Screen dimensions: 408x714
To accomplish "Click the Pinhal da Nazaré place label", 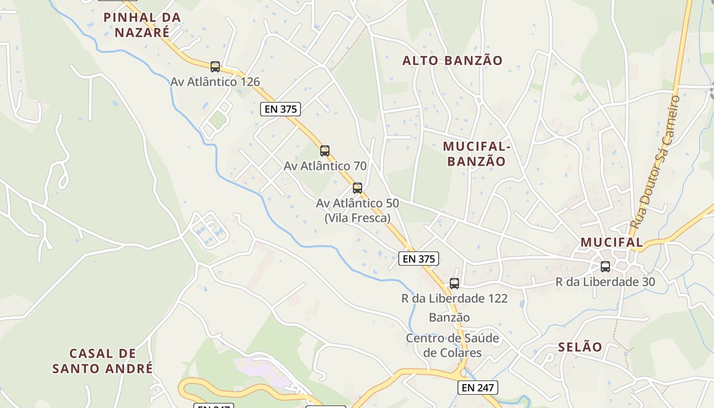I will click(x=142, y=24).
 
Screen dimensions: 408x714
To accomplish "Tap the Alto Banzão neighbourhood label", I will click(x=452, y=61).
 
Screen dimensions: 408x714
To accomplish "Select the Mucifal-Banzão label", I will click(x=476, y=154).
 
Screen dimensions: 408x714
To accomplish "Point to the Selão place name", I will click(x=580, y=347).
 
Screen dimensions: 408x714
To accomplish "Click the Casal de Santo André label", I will click(x=103, y=361).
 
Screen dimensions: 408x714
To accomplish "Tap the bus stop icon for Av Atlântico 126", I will click(x=215, y=66).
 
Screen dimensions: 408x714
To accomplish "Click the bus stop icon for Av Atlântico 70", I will click(x=325, y=151).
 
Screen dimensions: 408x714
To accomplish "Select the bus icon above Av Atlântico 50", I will click(x=358, y=188).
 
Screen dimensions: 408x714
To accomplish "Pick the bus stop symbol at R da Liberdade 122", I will click(x=454, y=284).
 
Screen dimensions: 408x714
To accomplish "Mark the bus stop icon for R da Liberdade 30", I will click(x=605, y=266).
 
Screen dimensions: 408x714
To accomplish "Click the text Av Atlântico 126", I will click(x=215, y=82).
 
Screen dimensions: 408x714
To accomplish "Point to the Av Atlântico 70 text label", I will click(x=325, y=166).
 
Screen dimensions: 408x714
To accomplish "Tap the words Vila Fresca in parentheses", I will click(x=358, y=218).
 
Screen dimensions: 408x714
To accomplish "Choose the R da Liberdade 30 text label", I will click(x=605, y=282).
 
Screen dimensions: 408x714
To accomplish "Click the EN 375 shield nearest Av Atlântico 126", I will click(x=280, y=109).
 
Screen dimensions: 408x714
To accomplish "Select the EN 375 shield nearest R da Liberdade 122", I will click(x=419, y=259).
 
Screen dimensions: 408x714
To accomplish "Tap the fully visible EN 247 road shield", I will click(x=477, y=388).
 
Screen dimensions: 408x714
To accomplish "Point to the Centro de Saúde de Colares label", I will click(x=452, y=345).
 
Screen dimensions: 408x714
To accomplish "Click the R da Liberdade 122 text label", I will click(x=454, y=298).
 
